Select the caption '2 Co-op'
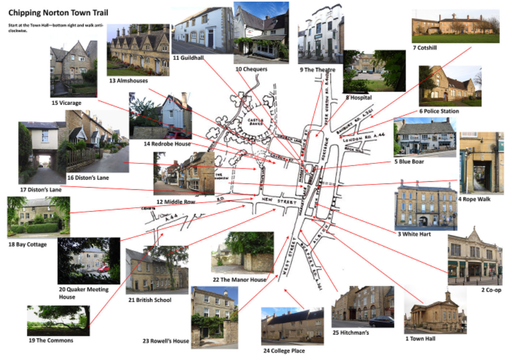[x=491, y=289]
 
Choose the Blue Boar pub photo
[x=425, y=137]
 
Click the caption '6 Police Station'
[x=439, y=111]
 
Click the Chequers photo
[x=261, y=32]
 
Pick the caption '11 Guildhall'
[x=190, y=57]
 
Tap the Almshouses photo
[x=138, y=50]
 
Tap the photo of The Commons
[x=58, y=320]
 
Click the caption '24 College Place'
[x=284, y=350]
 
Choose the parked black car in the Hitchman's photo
[x=381, y=322]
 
